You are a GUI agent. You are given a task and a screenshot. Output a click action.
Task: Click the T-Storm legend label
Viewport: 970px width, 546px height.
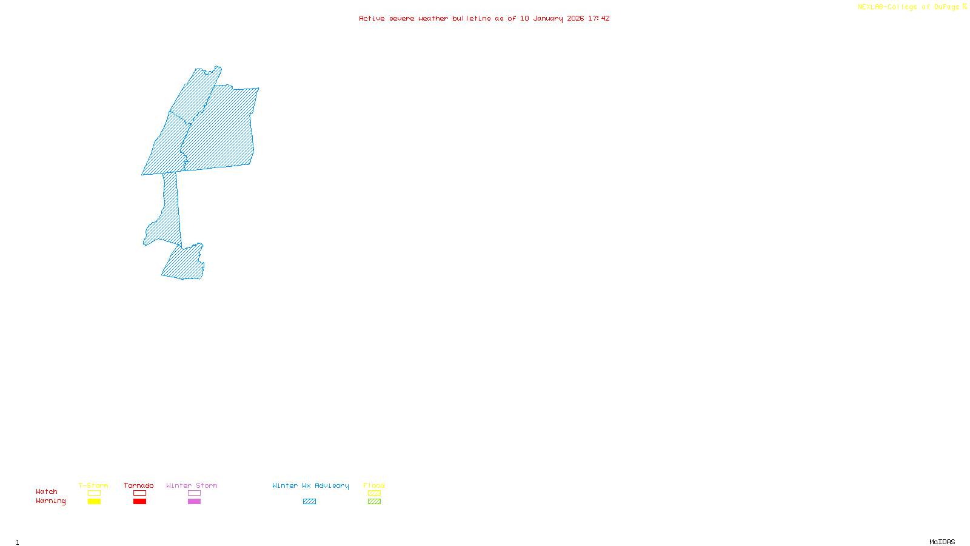coord(93,485)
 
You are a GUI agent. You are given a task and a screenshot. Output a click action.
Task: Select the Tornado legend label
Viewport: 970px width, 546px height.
coord(139,485)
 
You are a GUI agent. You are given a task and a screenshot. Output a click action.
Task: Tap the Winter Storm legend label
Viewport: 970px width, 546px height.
coord(192,485)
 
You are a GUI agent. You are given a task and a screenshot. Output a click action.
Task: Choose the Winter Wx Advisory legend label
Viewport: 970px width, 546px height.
coord(310,485)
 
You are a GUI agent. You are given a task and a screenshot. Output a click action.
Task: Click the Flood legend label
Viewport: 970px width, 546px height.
coord(374,485)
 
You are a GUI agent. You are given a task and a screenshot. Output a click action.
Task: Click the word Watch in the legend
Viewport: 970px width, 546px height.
coord(47,491)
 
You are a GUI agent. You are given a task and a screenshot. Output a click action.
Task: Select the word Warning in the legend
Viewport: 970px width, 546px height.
coord(51,501)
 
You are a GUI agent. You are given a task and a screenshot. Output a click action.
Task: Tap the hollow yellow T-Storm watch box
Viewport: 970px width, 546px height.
coord(94,493)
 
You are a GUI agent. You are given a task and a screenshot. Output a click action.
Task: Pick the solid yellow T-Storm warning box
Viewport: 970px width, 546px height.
coord(94,502)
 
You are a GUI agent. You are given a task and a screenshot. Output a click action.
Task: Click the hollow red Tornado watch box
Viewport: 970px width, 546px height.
coord(139,493)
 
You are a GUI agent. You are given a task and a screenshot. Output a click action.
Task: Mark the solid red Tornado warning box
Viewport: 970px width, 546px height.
coord(139,502)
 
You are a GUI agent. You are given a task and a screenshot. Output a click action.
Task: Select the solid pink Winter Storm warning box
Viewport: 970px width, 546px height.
coord(194,502)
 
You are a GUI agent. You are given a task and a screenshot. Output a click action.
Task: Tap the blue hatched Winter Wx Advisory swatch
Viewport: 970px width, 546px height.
coord(309,502)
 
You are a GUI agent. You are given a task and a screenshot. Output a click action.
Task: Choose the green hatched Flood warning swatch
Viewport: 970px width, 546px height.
coord(374,502)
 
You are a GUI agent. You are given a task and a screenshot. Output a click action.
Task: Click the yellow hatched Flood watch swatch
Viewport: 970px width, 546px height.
coord(374,493)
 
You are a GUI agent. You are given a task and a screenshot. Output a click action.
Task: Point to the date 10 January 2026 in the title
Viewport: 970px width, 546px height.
coord(552,18)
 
